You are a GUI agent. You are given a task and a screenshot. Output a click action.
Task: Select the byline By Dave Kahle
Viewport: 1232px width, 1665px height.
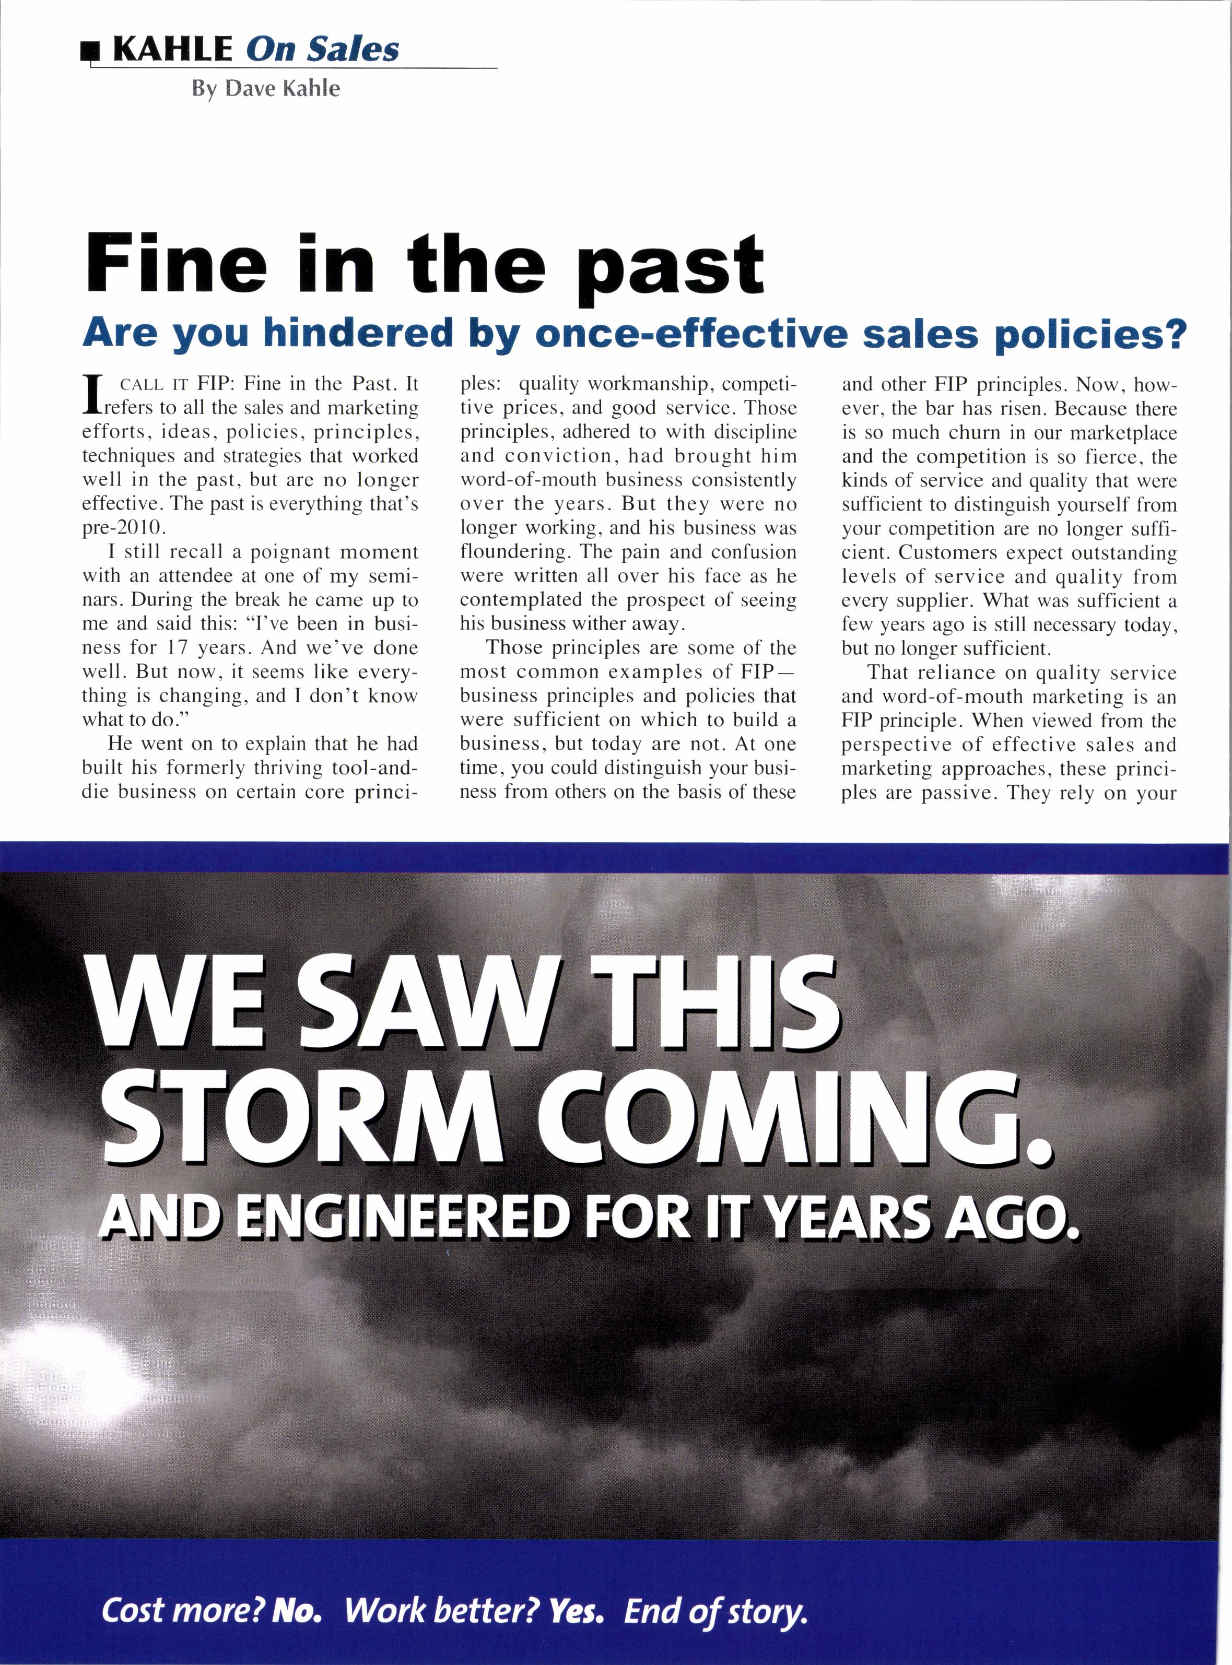coord(265,89)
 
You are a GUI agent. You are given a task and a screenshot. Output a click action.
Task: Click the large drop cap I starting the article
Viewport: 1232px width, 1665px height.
coord(92,396)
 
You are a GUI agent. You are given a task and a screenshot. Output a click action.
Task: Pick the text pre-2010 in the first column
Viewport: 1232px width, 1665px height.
coord(120,527)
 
